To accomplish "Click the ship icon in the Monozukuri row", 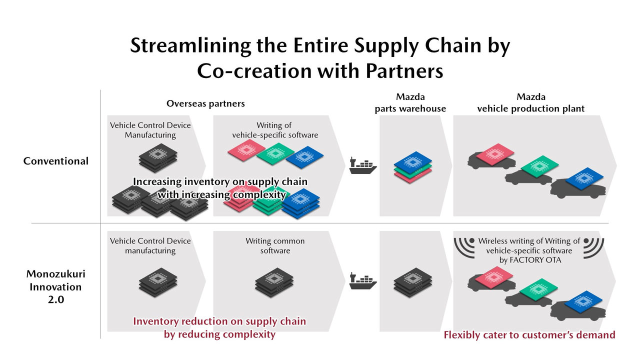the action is click(363, 281).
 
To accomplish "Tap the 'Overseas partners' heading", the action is click(205, 103).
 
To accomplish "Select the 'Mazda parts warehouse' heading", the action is click(410, 103).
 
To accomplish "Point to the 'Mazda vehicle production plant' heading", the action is click(531, 103).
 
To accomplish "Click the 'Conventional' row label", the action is click(55, 161).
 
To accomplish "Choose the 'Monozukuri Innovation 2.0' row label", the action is click(55, 286).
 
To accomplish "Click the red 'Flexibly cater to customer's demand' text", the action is click(529, 334).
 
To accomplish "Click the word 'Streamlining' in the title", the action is click(190, 45).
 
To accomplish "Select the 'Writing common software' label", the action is click(275, 245).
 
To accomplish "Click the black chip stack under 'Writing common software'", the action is click(274, 282).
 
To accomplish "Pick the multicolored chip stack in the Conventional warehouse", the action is click(413, 167).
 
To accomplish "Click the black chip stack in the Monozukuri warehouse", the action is click(413, 282).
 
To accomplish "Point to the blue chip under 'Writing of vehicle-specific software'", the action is click(304, 157).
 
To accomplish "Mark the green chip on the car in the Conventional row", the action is click(539, 166).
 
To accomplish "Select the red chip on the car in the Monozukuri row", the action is click(494, 277).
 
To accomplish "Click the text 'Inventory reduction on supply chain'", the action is click(219, 321).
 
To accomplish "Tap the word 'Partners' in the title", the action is click(404, 71).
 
